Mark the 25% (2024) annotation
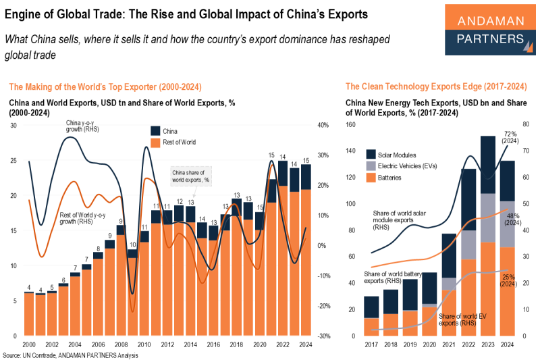tap(510, 280)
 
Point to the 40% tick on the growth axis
tap(323, 125)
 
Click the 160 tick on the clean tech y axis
tap(349, 125)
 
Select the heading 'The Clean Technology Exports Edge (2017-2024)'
tap(435, 86)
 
